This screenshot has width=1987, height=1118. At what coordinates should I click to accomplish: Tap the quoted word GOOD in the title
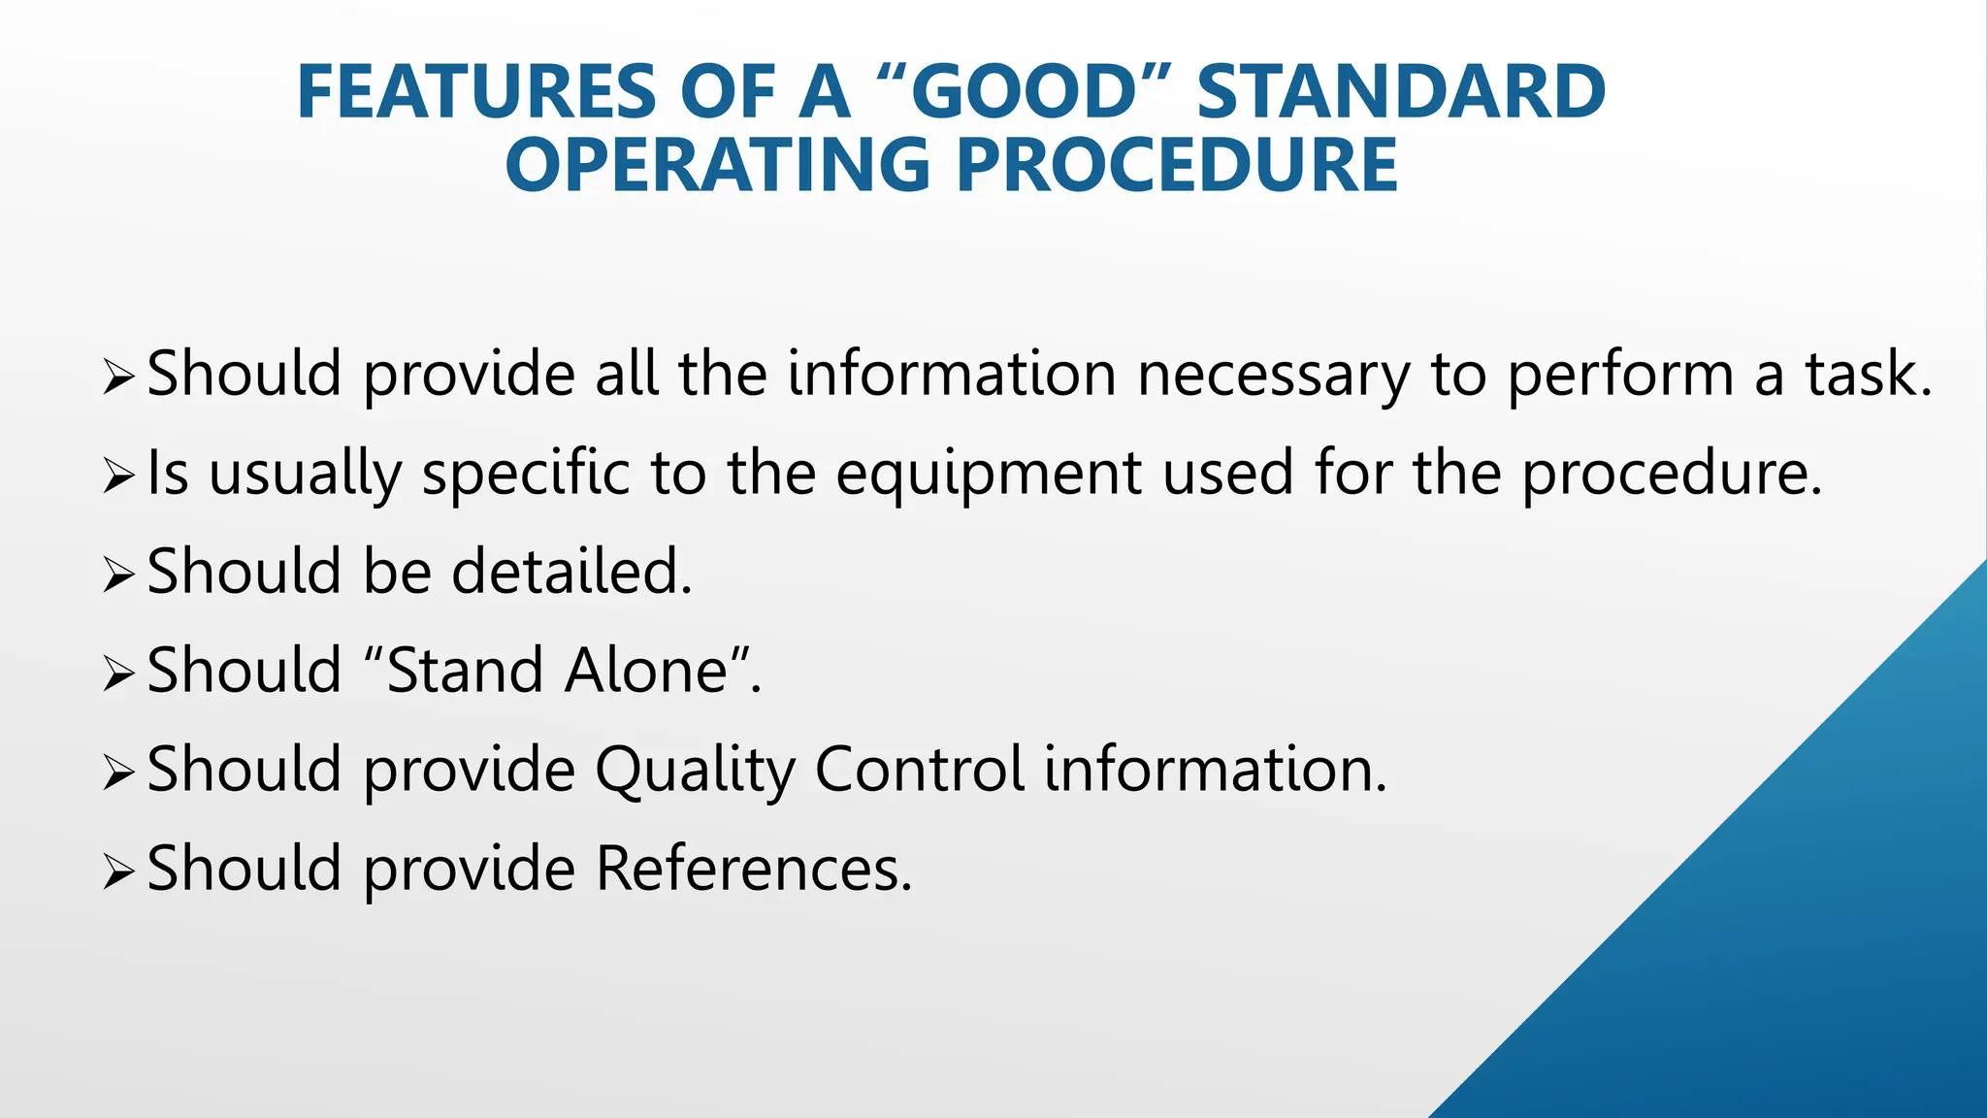point(1024,92)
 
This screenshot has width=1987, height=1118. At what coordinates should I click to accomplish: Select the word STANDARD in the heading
point(1401,92)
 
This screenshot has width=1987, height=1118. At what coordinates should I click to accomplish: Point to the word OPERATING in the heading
point(719,165)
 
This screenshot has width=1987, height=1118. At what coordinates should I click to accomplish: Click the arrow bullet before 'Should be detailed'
point(117,575)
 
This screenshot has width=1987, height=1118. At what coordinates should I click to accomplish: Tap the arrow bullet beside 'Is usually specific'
point(117,477)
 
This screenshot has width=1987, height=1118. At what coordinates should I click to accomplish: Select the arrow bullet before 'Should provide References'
point(117,872)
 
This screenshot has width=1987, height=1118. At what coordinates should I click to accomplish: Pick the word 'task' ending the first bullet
point(1865,376)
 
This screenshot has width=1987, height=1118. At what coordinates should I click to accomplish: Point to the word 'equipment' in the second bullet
point(988,475)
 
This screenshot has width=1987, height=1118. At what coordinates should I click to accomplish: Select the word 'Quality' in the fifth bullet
point(694,772)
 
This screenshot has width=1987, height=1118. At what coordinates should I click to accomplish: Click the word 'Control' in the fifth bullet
point(919,770)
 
